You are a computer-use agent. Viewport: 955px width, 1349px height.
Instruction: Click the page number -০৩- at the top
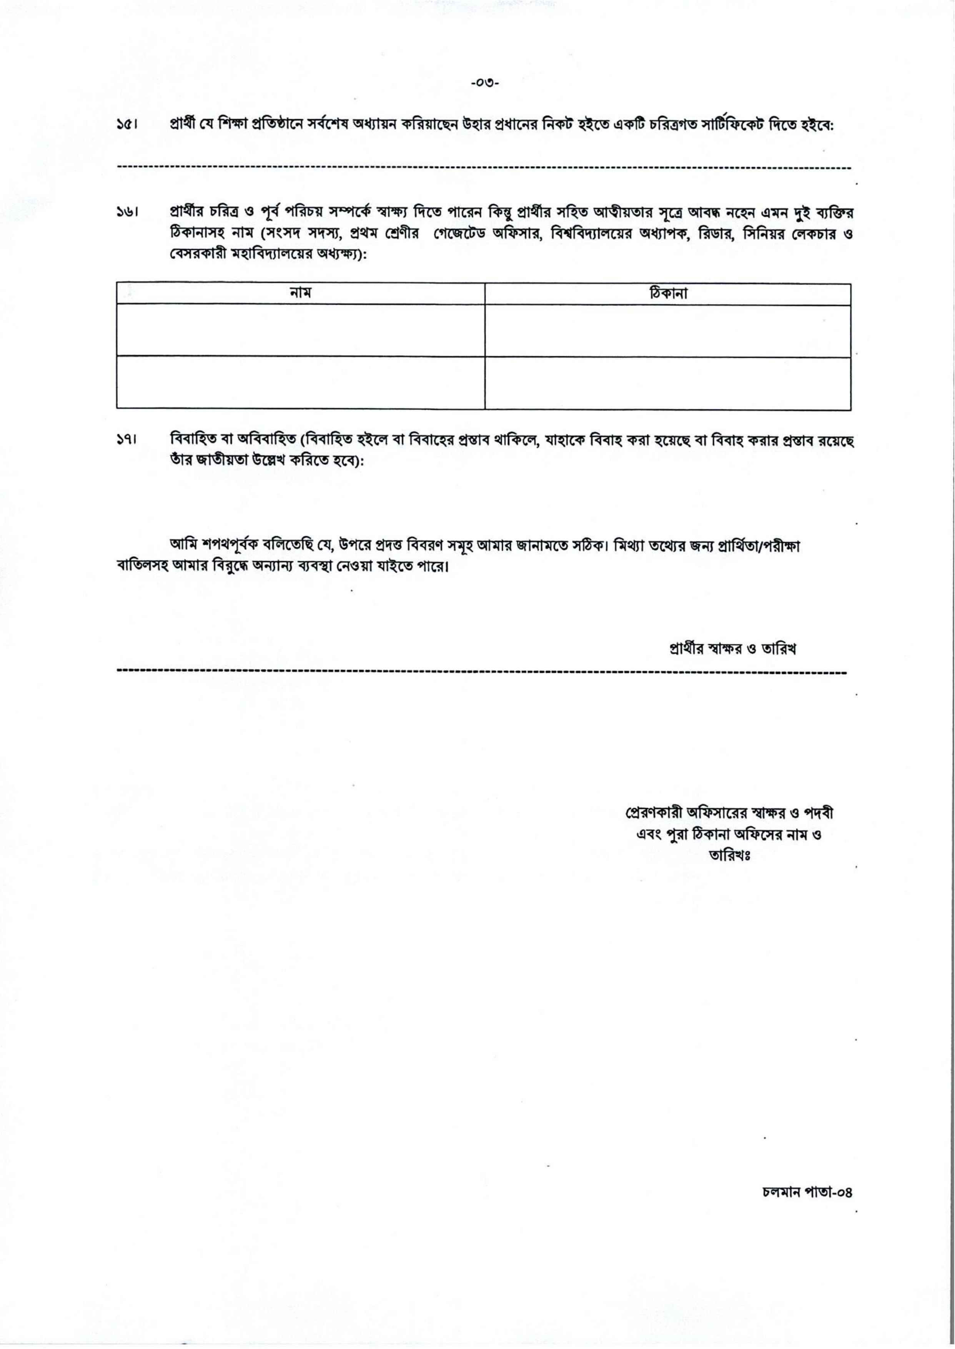(484, 83)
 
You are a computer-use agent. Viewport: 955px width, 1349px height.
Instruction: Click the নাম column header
(301, 293)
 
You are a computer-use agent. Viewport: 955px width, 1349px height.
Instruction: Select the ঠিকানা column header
(667, 293)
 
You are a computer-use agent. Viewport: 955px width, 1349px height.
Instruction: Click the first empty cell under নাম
(301, 331)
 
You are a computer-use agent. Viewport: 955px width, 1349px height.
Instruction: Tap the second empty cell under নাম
(301, 383)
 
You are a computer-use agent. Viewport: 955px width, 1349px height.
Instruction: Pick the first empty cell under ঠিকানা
(667, 331)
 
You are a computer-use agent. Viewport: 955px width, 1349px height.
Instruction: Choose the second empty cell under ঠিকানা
(667, 383)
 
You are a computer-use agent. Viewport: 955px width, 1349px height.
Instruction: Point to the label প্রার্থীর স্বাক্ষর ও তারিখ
(732, 649)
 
